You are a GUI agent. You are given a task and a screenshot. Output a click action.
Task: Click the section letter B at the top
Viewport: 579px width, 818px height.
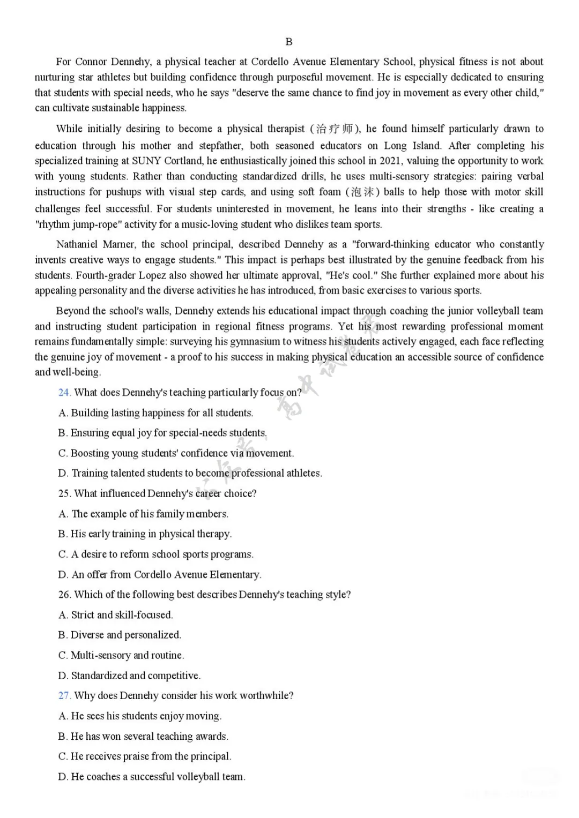pos(289,42)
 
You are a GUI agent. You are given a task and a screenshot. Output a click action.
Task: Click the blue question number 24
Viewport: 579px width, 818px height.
pos(64,393)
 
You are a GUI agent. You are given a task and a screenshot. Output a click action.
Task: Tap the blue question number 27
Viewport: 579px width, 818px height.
pos(64,696)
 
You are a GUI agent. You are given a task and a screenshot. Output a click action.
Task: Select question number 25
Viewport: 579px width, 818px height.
pos(64,493)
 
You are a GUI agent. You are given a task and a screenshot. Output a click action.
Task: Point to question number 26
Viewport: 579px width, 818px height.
pos(64,595)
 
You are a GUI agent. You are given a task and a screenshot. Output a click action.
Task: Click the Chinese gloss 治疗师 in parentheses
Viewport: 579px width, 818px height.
pos(334,129)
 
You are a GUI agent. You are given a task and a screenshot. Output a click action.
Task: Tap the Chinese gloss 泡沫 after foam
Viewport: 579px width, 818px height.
pos(363,192)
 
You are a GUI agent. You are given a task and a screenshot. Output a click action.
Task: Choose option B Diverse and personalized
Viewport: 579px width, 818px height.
pos(120,635)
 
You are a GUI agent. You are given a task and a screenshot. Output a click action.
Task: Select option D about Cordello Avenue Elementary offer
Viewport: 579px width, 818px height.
pos(160,575)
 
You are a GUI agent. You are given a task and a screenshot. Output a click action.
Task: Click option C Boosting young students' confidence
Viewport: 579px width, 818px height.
pos(176,453)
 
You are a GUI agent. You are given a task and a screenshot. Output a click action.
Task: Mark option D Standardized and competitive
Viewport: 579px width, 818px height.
pos(129,676)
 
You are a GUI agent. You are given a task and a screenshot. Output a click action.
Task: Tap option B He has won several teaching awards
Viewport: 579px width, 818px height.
pos(143,737)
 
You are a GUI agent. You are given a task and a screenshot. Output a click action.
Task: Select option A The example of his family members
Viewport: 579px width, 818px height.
pos(143,514)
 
